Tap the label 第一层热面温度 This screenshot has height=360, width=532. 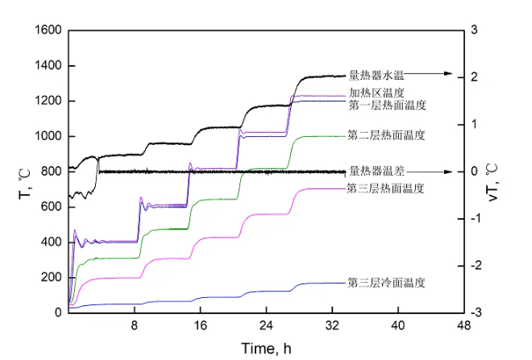pyautogui.click(x=387, y=105)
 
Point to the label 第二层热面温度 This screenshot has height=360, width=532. pyautogui.click(x=386, y=135)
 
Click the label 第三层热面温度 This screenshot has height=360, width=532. pyautogui.click(x=385, y=188)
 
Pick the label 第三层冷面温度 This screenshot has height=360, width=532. pyautogui.click(x=386, y=283)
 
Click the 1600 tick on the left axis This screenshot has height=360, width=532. pyautogui.click(x=48, y=31)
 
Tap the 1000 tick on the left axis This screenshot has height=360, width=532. pyautogui.click(x=48, y=136)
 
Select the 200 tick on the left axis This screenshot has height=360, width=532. pyautogui.click(x=51, y=277)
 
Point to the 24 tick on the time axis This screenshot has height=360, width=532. pyautogui.click(x=266, y=325)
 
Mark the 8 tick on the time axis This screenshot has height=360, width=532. pyautogui.click(x=135, y=325)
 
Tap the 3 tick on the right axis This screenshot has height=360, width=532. pyautogui.click(x=476, y=31)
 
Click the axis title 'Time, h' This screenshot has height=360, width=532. pyautogui.click(x=266, y=347)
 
